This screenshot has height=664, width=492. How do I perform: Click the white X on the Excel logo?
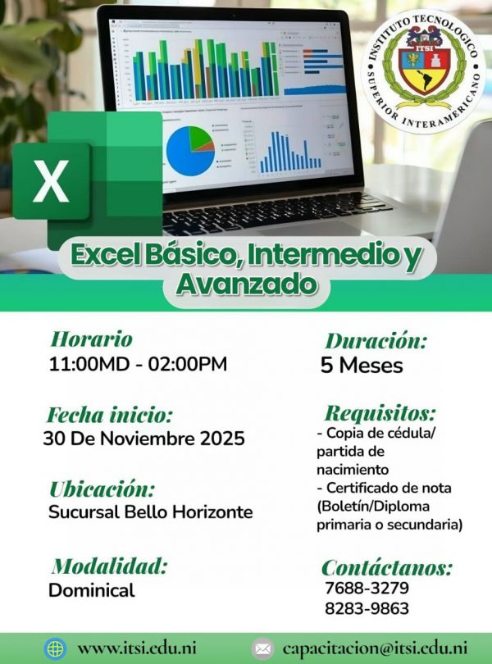(x=51, y=180)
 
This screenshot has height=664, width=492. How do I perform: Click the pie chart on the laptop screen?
(x=190, y=150)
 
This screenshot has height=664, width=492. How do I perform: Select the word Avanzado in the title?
(x=247, y=284)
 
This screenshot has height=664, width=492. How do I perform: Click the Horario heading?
(x=92, y=339)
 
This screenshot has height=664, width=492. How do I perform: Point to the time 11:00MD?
(x=89, y=364)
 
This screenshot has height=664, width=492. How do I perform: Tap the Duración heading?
(x=376, y=341)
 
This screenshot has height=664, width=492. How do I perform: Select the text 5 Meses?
(x=362, y=365)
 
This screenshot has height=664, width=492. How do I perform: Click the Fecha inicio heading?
(x=110, y=415)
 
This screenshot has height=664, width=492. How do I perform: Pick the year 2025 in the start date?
(x=222, y=439)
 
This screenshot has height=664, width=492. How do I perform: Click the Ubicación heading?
(x=102, y=489)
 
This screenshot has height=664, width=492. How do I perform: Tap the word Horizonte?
(x=212, y=512)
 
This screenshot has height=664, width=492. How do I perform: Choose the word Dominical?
(x=92, y=590)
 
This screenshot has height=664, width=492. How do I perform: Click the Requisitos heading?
(x=380, y=413)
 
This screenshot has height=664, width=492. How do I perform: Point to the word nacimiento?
(x=353, y=470)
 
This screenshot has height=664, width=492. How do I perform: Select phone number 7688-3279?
(x=367, y=588)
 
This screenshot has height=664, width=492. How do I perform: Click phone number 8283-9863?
(x=367, y=608)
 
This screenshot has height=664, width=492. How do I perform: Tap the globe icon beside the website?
(x=56, y=648)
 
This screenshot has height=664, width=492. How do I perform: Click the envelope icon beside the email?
(x=262, y=648)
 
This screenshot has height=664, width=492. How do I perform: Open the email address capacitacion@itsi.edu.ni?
(x=375, y=648)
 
